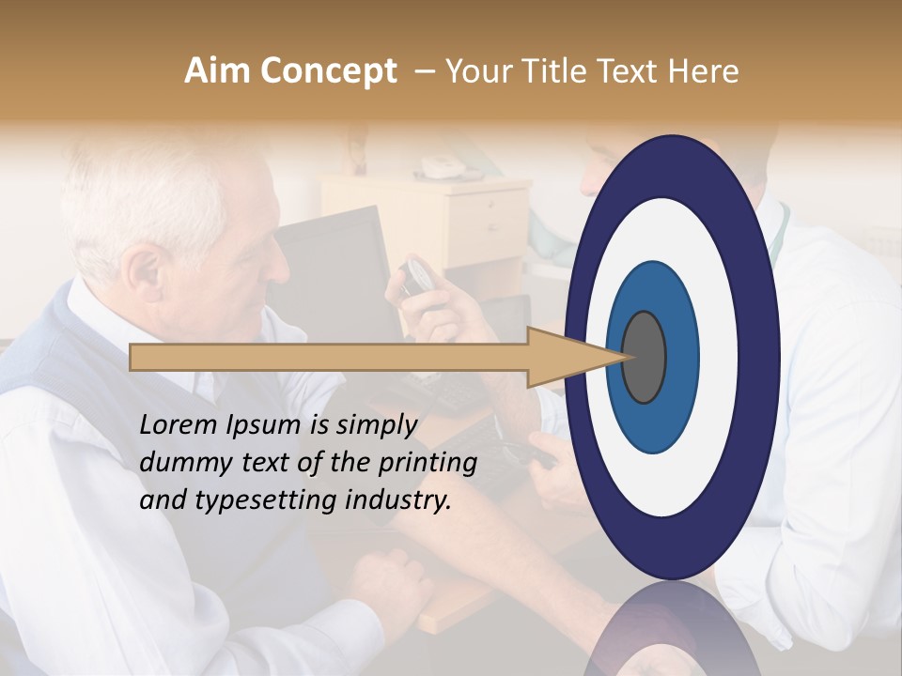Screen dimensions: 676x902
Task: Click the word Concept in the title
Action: [x=328, y=71]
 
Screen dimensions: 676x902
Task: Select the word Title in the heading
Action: [x=556, y=71]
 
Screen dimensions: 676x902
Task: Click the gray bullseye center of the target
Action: [x=644, y=357]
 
